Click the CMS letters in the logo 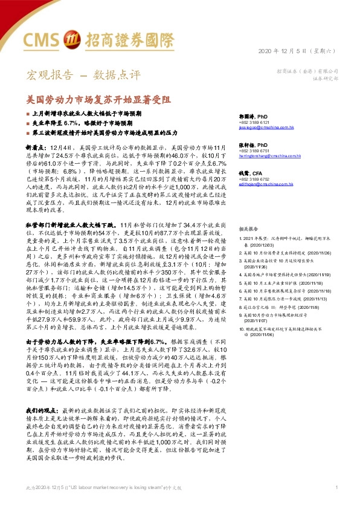click(41, 41)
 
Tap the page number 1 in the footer click(336, 487)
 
